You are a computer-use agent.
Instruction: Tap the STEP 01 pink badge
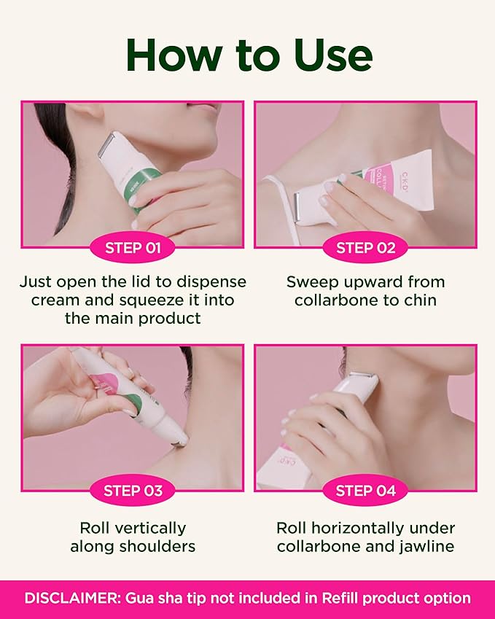(x=133, y=248)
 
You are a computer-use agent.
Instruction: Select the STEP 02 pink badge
(x=365, y=248)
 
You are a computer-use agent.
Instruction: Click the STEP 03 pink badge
(x=133, y=491)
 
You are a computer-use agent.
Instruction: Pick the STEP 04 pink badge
(x=365, y=491)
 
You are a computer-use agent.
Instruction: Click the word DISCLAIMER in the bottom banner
(x=71, y=599)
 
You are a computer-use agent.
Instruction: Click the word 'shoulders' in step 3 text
(x=161, y=546)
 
